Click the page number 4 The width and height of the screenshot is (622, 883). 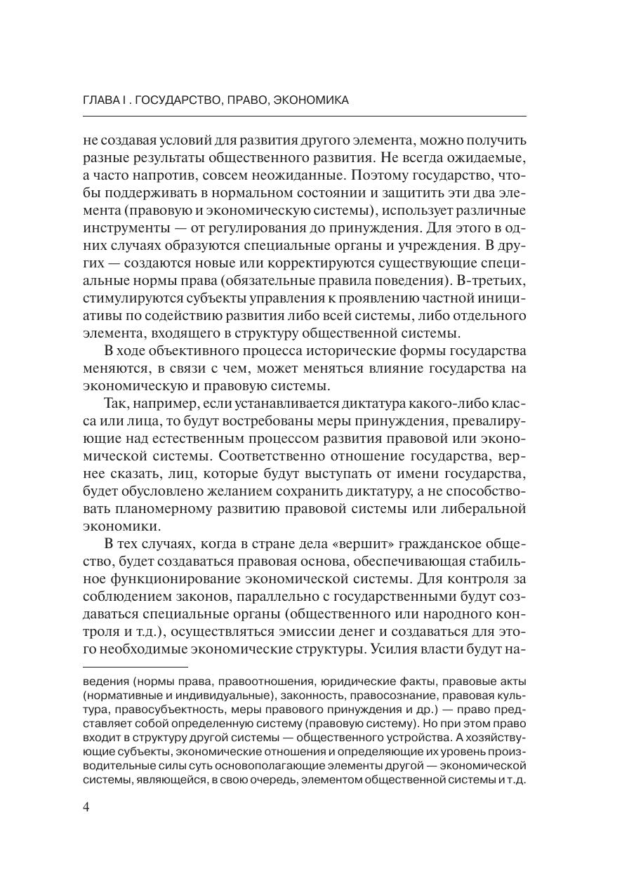tap(86, 806)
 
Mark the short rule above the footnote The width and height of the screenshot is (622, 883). tap(135, 667)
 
